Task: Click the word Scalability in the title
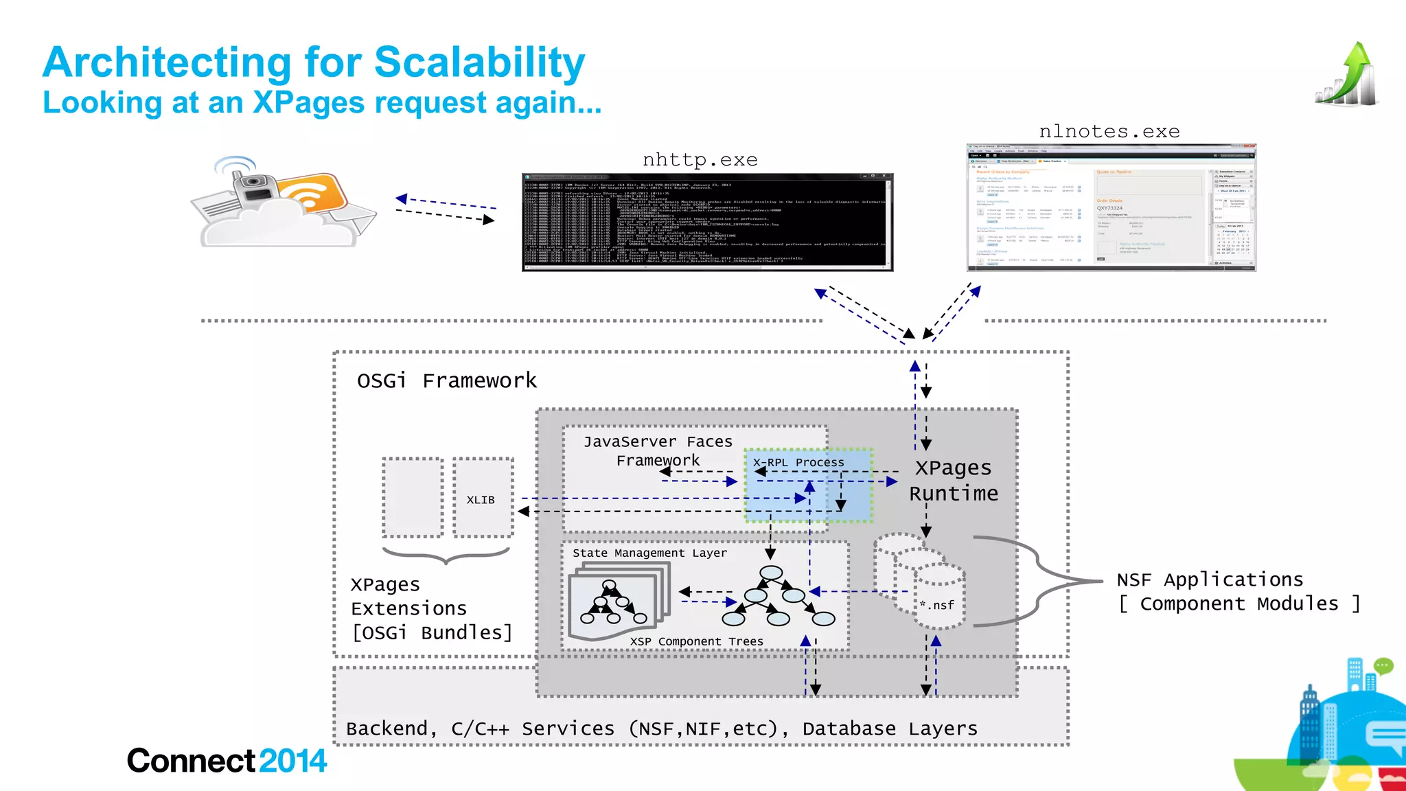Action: pos(479,63)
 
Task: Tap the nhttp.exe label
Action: pos(700,160)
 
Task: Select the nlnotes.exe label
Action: pos(1109,131)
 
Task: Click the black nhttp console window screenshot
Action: pos(707,222)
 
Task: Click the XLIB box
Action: pos(482,499)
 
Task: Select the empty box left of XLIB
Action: pos(413,498)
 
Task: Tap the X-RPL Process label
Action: pos(798,462)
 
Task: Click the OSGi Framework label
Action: pos(446,380)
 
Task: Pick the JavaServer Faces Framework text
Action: pos(658,451)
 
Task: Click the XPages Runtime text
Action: pos(953,481)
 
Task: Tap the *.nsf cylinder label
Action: pos(938,605)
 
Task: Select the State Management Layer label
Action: pos(649,553)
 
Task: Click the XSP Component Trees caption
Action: pos(696,641)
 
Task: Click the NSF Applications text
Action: pos(1210,580)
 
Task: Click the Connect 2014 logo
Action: pos(227,761)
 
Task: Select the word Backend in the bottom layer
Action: pos(388,729)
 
